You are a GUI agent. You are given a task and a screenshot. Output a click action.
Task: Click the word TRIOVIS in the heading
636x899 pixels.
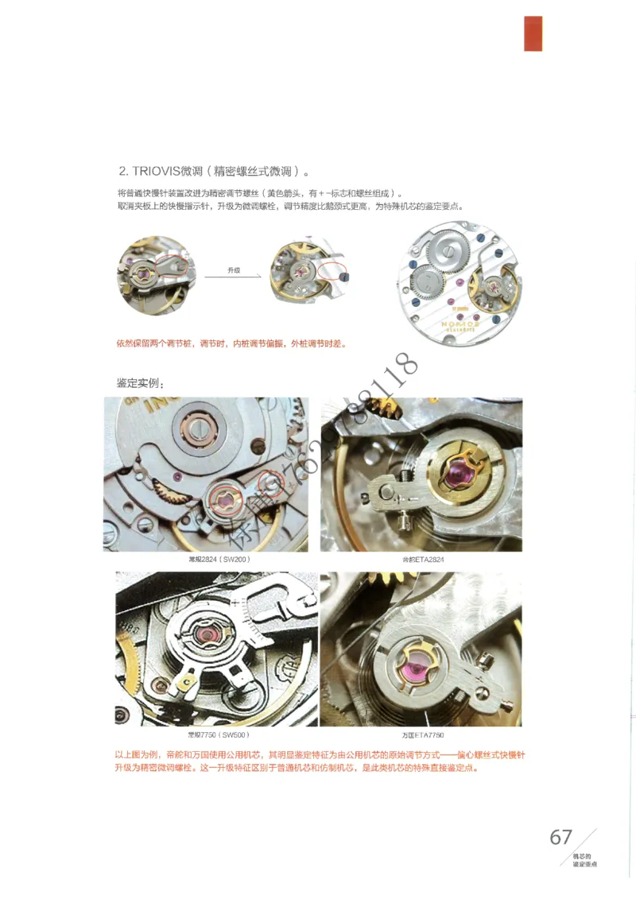click(x=155, y=171)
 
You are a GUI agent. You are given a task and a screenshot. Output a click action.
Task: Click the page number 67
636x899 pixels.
click(x=560, y=837)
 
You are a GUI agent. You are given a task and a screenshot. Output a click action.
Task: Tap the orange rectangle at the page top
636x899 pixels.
click(x=533, y=33)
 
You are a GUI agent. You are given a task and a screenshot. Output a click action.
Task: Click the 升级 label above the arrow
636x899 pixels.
click(x=233, y=270)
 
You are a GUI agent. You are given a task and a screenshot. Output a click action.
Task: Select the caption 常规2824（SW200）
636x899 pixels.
click(x=211, y=560)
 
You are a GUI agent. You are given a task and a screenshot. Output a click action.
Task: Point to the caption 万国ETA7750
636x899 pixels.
click(x=422, y=734)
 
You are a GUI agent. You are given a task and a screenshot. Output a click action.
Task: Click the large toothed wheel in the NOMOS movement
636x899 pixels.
click(x=447, y=251)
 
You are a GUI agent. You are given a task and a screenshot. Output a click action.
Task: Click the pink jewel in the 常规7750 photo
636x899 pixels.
click(x=210, y=634)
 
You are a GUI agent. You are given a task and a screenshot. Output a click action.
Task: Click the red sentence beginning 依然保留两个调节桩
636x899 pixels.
click(x=231, y=343)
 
